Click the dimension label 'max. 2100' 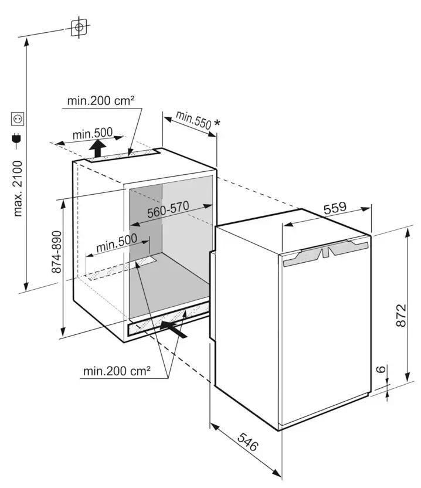(x=18, y=188)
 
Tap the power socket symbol (x=18, y=120)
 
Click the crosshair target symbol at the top (x=79, y=26)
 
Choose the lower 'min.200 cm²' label (x=117, y=371)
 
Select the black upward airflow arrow (x=99, y=148)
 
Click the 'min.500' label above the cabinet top (x=93, y=135)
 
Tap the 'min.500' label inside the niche (x=117, y=242)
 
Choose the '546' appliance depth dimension (x=248, y=441)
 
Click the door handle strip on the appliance (x=325, y=253)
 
